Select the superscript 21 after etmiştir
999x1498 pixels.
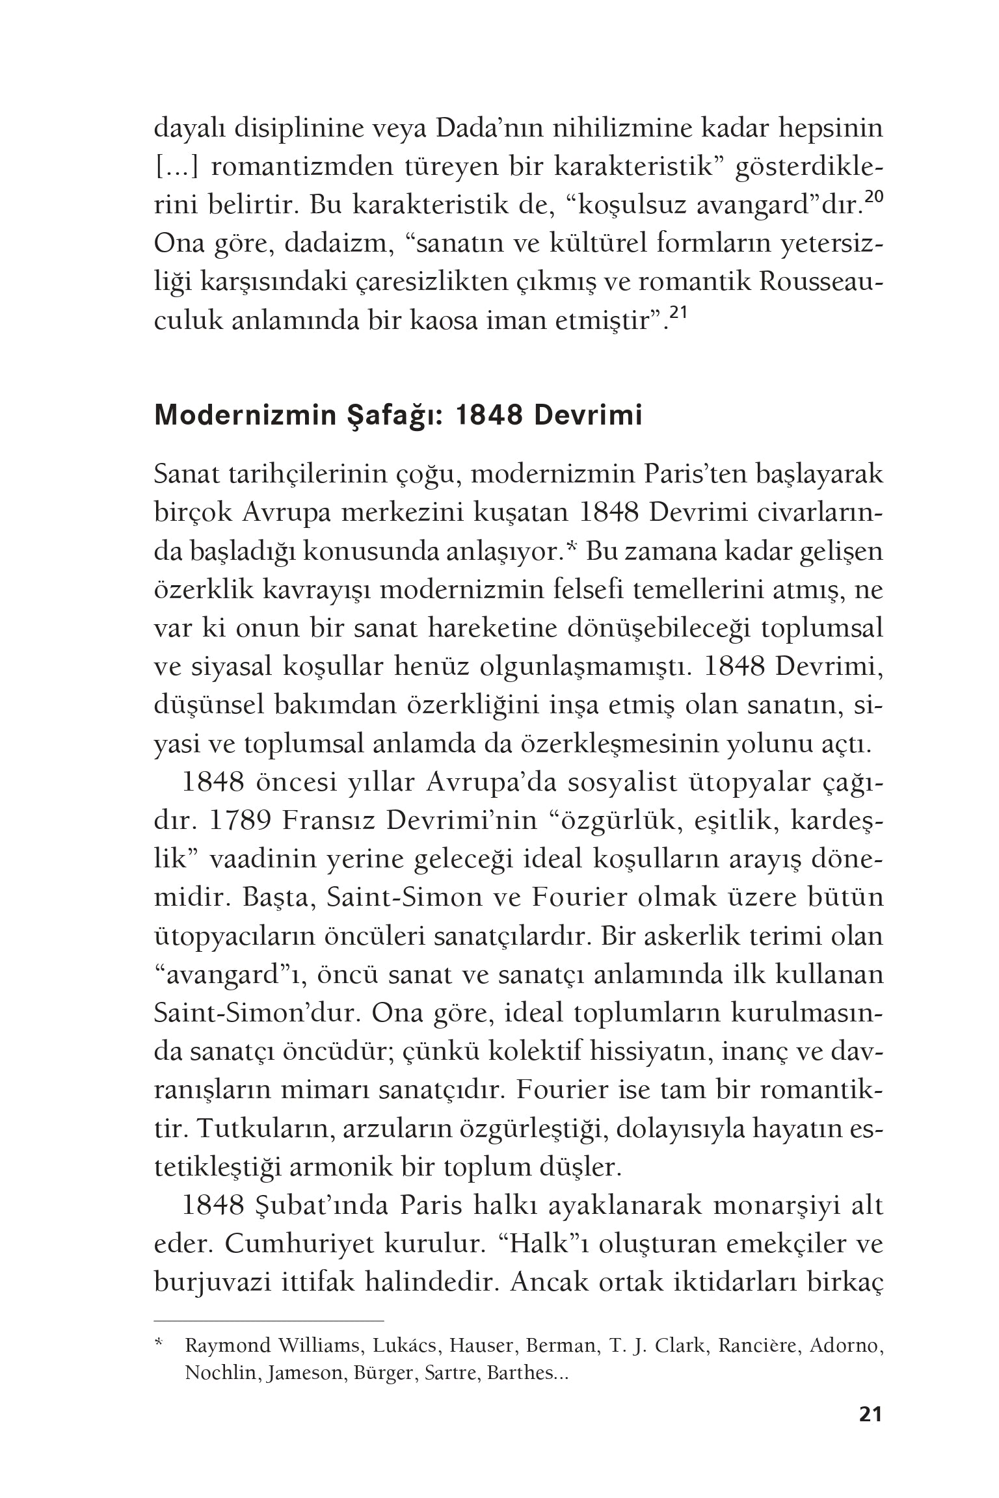click(678, 313)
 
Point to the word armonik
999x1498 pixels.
click(338, 1167)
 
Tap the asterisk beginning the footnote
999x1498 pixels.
click(158, 1342)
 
